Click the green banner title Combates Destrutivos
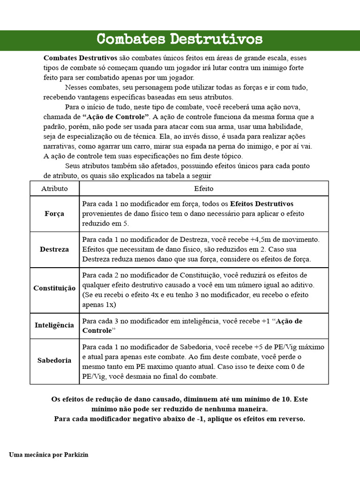point(180,39)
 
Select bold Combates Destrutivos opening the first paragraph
point(80,58)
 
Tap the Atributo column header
point(54,188)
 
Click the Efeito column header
point(203,188)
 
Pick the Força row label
point(54,214)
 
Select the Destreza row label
point(54,249)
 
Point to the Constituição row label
point(54,288)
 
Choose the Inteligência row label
point(54,325)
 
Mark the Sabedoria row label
point(54,360)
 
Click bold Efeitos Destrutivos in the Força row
point(262,204)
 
